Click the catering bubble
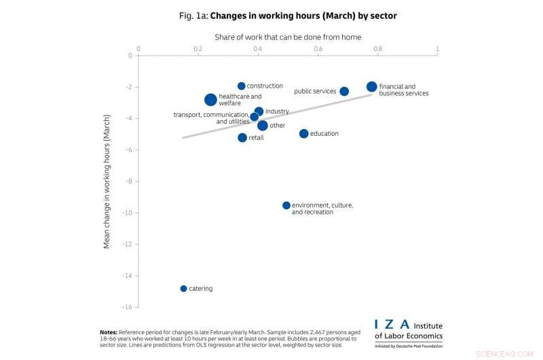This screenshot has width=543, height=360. coord(183,289)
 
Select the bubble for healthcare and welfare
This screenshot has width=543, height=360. coord(210,100)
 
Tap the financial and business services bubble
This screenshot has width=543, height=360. coord(371,87)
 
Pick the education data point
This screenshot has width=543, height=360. coord(303,134)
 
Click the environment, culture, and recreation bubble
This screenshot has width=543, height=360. coord(286,205)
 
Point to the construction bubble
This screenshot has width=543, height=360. coord(241,86)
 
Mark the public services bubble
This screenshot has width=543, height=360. coord(344,92)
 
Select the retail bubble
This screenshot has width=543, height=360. coord(242,138)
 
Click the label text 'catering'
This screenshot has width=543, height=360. coord(200,289)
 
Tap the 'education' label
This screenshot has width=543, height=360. coord(324,134)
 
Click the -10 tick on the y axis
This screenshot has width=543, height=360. coord(126,213)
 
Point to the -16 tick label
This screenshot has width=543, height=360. coord(126,307)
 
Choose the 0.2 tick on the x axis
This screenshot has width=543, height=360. coord(198,49)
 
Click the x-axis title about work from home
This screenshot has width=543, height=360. coord(288,37)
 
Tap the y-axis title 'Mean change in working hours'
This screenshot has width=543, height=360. coord(107,180)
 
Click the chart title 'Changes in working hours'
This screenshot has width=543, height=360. coord(288,15)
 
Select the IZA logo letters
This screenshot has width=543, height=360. coord(392,325)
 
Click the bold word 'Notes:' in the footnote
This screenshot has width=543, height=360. coord(109,332)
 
